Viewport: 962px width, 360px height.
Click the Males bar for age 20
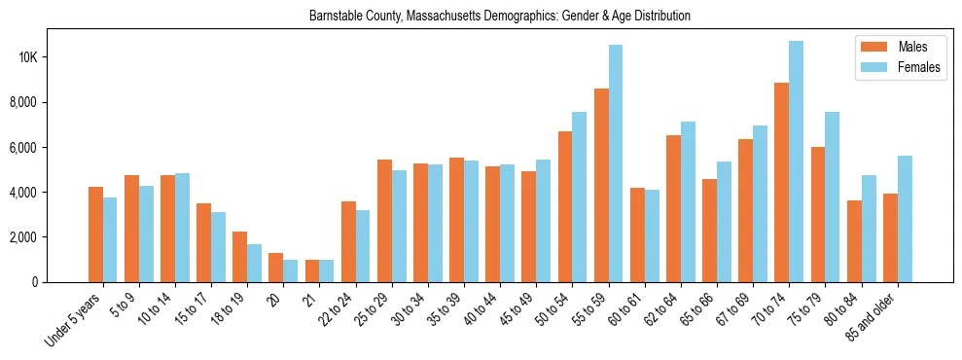click(275, 268)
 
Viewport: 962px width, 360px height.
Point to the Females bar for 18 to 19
click(254, 263)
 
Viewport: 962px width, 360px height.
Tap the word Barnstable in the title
click(334, 17)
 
